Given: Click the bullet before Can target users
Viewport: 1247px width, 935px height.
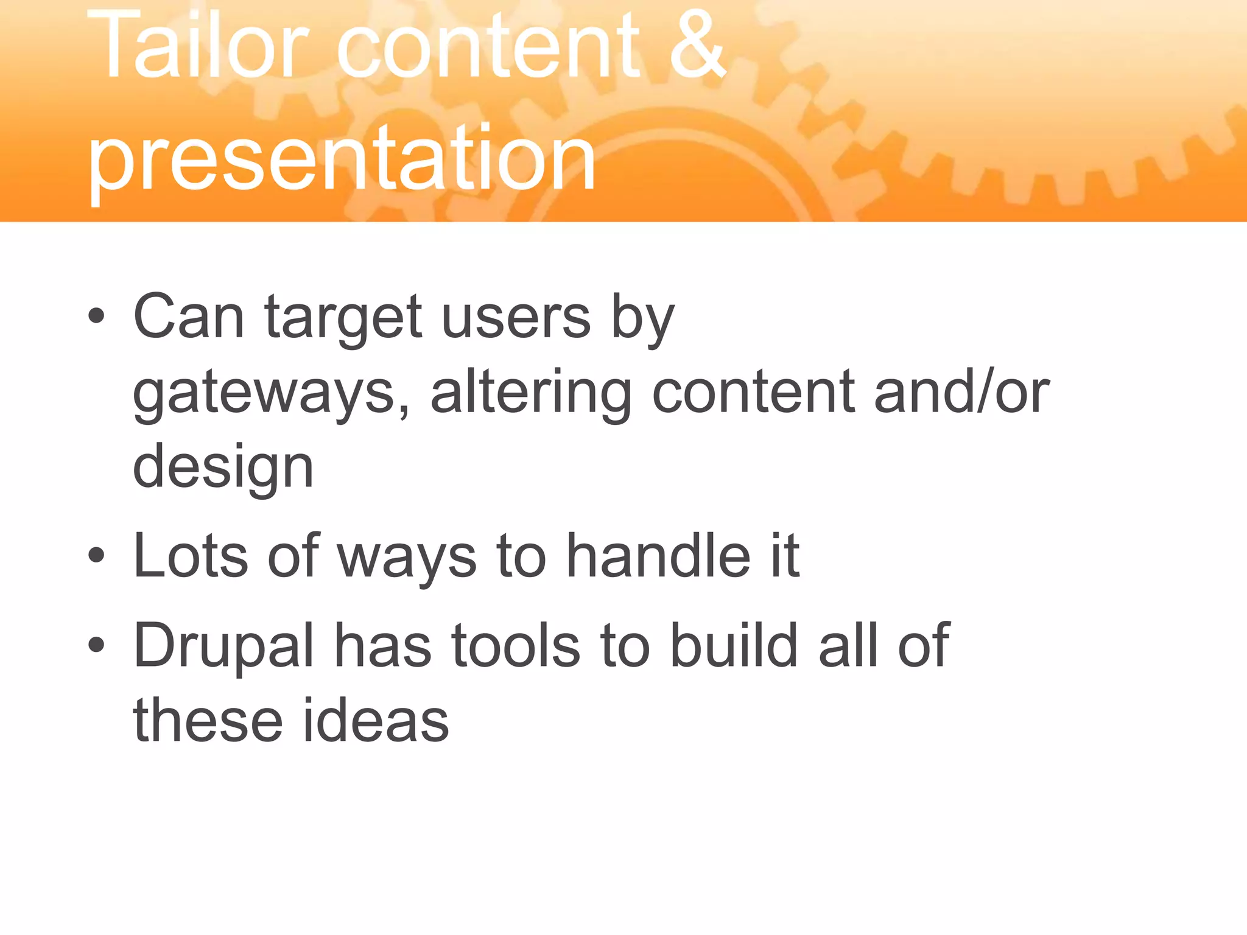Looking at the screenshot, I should tap(96, 317).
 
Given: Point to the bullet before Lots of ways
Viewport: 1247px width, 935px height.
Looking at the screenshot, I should tap(96, 555).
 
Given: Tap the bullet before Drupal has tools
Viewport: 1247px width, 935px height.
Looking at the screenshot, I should tap(96, 645).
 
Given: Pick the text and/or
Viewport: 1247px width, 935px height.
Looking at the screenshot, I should tap(961, 393).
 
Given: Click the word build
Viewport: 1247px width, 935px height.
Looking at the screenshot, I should tap(734, 645).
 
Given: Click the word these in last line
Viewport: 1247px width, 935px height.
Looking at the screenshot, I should tap(208, 721).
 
